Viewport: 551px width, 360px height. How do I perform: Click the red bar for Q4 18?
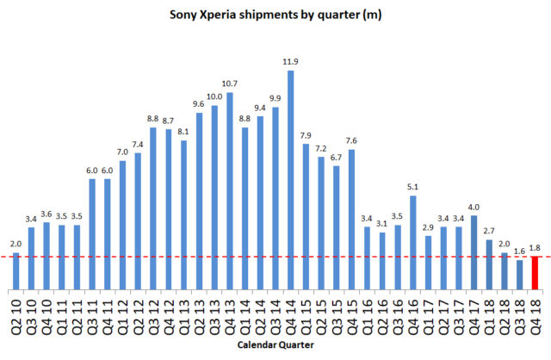535,272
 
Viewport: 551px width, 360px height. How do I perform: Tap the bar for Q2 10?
15,271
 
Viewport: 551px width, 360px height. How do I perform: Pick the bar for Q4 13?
230,190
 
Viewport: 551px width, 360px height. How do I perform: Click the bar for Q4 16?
413,242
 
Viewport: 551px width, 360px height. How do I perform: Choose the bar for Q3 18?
520,275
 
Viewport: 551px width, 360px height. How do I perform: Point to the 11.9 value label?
291,62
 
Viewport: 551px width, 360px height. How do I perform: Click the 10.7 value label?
230,84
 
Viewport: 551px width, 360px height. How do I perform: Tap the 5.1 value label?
413,188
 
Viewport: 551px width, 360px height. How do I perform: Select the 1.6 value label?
520,251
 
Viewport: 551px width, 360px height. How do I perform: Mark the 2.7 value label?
489,232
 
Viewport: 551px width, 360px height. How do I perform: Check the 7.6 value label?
352,141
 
